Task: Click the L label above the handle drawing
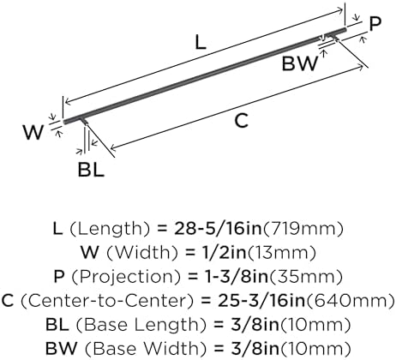(201, 43)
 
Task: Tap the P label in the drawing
(375, 23)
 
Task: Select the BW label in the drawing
(300, 63)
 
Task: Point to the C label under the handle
(242, 120)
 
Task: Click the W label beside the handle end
(33, 132)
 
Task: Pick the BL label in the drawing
(91, 170)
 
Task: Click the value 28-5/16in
(218, 229)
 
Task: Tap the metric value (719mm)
(303, 229)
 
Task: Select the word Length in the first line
(110, 229)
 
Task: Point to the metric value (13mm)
(282, 253)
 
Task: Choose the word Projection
(126, 277)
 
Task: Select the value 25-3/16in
(261, 301)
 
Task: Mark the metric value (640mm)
(351, 301)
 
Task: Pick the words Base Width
(146, 349)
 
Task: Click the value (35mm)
(306, 277)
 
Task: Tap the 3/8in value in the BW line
(255, 349)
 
